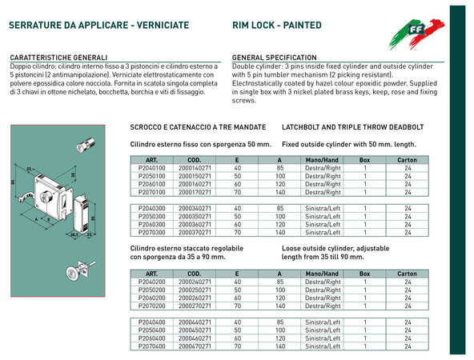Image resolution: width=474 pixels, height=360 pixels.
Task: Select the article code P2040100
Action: tap(150, 168)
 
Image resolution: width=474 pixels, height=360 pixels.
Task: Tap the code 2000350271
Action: tap(195, 216)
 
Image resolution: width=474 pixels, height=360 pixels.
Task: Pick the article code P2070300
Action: tap(150, 233)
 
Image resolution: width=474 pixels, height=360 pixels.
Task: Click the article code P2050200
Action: tap(150, 290)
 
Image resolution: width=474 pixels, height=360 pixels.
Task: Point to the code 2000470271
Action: tap(195, 346)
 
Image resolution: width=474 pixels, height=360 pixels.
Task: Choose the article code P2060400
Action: tap(150, 338)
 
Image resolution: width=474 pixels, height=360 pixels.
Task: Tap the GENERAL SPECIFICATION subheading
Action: tap(274, 58)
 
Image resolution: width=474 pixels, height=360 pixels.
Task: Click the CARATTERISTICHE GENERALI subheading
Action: tap(58, 58)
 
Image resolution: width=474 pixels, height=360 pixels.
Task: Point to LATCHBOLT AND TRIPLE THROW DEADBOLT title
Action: tap(352, 127)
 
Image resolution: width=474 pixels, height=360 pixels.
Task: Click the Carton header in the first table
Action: tap(407, 160)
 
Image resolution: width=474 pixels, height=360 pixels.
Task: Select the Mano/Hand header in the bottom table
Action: tap(323, 274)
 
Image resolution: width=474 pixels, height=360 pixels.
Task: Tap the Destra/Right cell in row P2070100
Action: tap(323, 193)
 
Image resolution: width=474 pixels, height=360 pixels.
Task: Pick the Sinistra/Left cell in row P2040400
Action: tap(323, 322)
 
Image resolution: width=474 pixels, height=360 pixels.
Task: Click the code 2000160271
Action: tap(195, 184)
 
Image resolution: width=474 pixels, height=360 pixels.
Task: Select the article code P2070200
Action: tap(150, 306)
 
